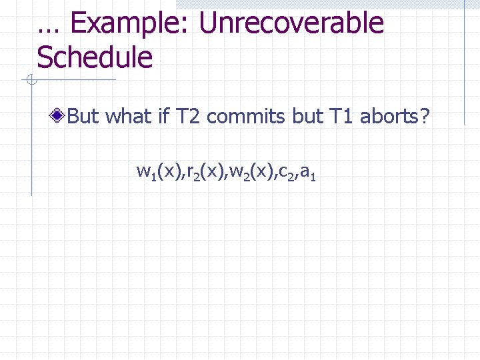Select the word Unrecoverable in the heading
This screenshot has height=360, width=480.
point(291,23)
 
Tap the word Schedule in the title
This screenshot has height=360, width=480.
point(95,58)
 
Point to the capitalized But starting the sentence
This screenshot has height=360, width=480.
point(83,117)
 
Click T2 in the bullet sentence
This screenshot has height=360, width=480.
point(188,117)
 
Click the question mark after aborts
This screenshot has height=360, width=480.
point(426,117)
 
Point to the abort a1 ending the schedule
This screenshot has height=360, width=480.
point(307,173)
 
